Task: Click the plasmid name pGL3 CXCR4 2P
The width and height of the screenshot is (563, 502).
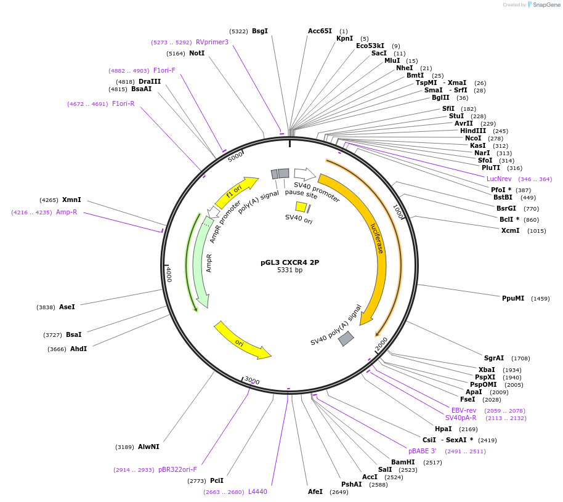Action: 290,262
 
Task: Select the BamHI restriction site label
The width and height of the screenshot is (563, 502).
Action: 403,462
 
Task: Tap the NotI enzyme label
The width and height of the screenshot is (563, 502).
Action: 196,53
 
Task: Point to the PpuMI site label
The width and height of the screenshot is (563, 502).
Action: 512,298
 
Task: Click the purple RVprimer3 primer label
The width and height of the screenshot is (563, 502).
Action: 212,43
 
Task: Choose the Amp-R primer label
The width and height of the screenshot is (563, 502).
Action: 67,212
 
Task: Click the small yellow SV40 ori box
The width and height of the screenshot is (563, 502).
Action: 301,207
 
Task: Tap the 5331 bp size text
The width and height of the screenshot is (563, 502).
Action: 290,270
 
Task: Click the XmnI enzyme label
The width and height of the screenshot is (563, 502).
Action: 71,200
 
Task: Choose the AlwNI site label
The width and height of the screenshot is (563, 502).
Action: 148,447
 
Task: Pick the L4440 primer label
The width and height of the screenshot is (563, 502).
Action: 257,492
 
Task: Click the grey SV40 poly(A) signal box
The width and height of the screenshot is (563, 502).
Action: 346,338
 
